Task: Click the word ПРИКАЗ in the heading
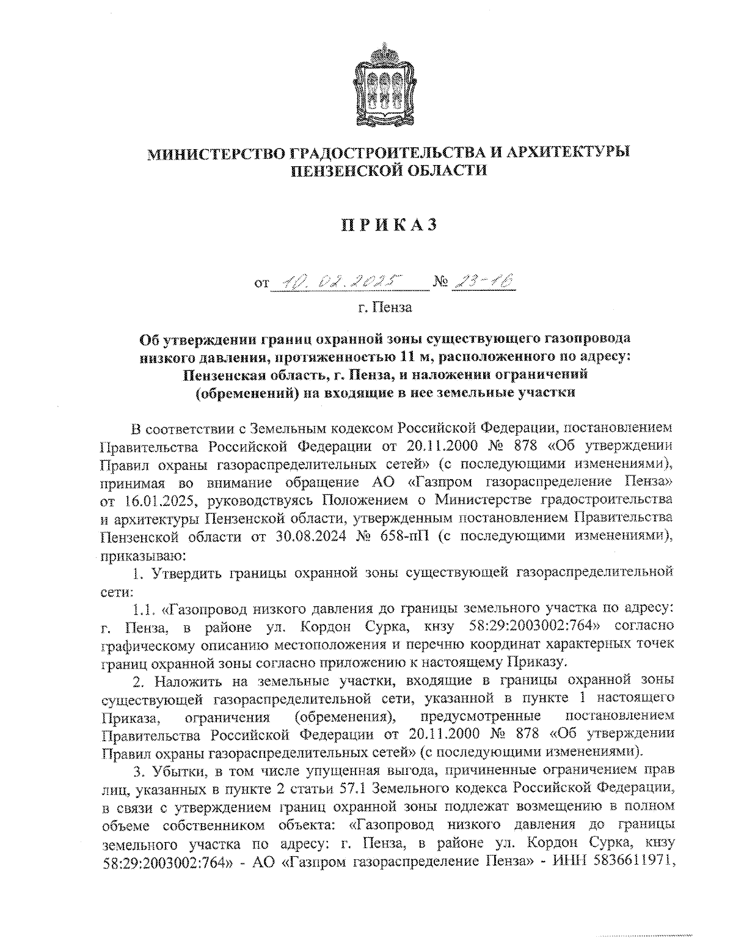[388, 225]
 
